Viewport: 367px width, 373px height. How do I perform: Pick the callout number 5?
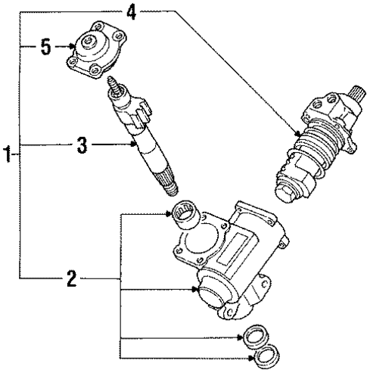pyautogui.click(x=45, y=48)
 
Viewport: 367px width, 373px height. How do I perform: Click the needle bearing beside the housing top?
pyautogui.click(x=185, y=214)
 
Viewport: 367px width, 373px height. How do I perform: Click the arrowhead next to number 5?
pyautogui.click(x=67, y=48)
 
